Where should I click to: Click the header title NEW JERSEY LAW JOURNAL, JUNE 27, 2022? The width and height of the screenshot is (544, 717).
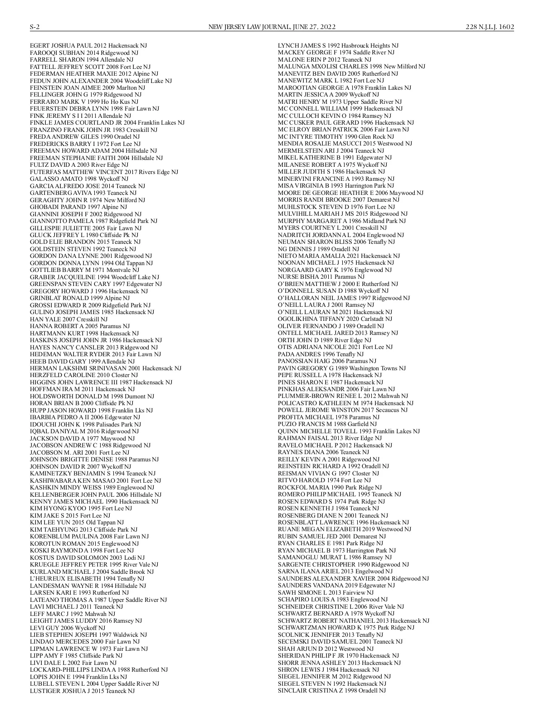(272, 27)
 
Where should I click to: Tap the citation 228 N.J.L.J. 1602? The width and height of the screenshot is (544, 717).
(490, 27)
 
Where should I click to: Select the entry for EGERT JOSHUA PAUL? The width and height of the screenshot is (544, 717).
(88, 46)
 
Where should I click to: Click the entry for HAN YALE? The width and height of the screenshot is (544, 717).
(68, 319)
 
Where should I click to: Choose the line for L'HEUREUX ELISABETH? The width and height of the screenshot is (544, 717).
(87, 579)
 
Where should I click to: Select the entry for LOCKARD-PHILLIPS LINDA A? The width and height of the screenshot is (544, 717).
(95, 669)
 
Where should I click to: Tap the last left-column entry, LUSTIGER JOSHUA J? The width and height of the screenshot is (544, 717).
(82, 691)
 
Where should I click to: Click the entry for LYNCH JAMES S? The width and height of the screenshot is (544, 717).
(338, 46)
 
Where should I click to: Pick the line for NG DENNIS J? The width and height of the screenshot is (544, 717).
(318, 249)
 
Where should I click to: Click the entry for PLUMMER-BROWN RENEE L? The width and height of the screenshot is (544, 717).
(343, 396)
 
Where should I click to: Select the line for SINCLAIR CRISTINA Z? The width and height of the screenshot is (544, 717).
(332, 690)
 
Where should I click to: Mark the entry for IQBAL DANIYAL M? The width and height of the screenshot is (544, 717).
(84, 431)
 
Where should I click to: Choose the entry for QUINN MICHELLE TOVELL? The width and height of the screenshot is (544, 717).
(349, 431)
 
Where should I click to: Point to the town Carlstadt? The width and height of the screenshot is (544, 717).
(372, 319)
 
